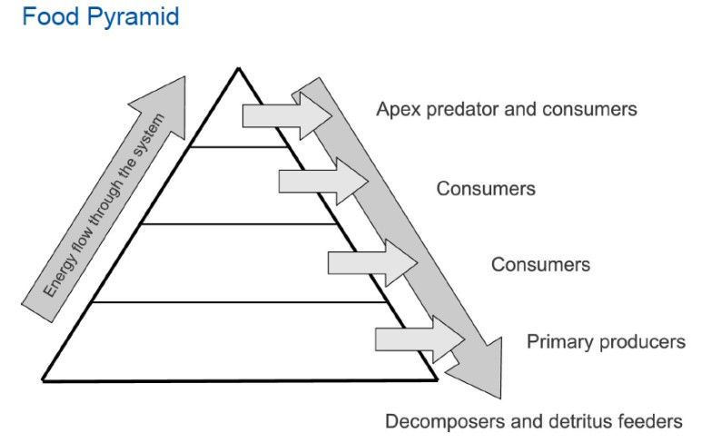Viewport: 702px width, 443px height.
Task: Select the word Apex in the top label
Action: tap(396, 110)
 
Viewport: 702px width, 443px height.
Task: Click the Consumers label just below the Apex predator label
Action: tap(485, 189)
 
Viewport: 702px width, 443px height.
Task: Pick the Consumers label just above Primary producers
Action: tap(540, 265)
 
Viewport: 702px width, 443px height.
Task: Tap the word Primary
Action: tap(556, 342)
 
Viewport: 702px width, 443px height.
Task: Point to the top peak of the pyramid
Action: tap(238, 69)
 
